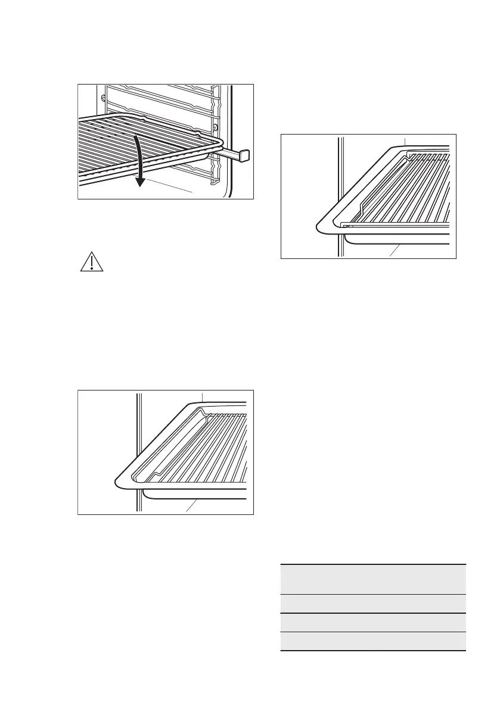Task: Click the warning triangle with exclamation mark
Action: (92, 263)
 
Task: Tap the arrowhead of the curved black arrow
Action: (140, 181)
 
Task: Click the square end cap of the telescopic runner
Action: (244, 156)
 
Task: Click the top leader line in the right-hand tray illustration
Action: (405, 142)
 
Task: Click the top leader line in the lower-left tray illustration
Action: (203, 396)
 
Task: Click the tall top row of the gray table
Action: (372, 579)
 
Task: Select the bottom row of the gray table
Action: (372, 641)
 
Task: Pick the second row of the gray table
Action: (372, 603)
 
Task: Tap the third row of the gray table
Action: (372, 622)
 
